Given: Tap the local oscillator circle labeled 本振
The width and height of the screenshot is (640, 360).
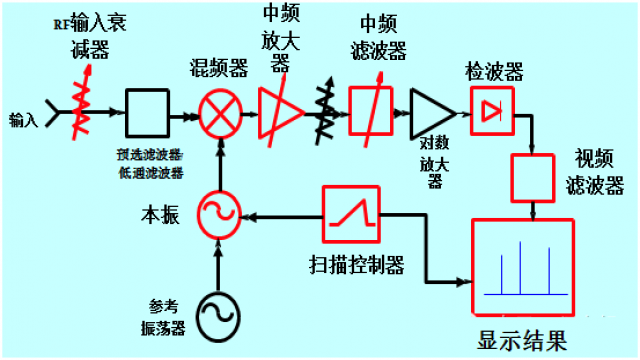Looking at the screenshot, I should tap(215, 213).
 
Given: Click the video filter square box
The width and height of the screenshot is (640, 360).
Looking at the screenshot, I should tap(532, 177).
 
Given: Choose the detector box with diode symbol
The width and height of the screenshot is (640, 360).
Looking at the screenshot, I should tap(490, 111).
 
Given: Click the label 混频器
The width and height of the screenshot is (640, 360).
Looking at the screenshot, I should tap(218, 68).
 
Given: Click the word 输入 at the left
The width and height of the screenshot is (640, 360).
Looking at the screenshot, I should tap(23, 121).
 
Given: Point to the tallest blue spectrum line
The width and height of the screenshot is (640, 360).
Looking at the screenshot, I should tap(520, 268).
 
